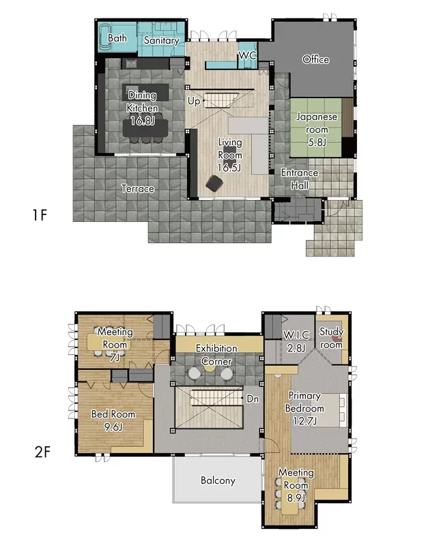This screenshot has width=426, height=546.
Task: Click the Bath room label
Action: pos(117,38)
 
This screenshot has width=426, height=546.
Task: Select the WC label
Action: pos(247,55)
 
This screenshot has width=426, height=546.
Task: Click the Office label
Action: pos(315,59)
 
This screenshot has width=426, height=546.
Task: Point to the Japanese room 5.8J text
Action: pos(317,129)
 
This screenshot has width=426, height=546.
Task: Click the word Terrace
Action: pos(138,188)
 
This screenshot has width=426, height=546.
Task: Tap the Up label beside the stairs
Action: pos(194,101)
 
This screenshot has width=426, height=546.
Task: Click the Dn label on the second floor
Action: pos(253,399)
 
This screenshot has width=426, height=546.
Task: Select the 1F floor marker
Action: pos(40,215)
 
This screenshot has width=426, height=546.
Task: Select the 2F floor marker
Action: pos(42,452)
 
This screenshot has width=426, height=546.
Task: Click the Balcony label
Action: pos(218,480)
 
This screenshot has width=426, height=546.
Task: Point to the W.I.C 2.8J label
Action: pos(296,341)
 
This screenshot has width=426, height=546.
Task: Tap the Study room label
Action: pos(331,338)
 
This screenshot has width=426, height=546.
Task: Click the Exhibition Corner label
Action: pos(216,354)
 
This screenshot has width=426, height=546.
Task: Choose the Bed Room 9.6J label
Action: pos(113,420)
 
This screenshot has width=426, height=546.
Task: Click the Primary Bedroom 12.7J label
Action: pos(304,408)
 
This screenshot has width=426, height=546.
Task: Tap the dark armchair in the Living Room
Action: pos(214,183)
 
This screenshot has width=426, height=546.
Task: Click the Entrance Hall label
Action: pos(300,179)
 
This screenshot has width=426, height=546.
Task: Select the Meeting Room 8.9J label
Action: pos(296,485)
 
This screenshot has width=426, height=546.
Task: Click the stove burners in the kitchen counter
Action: pos(131,63)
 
